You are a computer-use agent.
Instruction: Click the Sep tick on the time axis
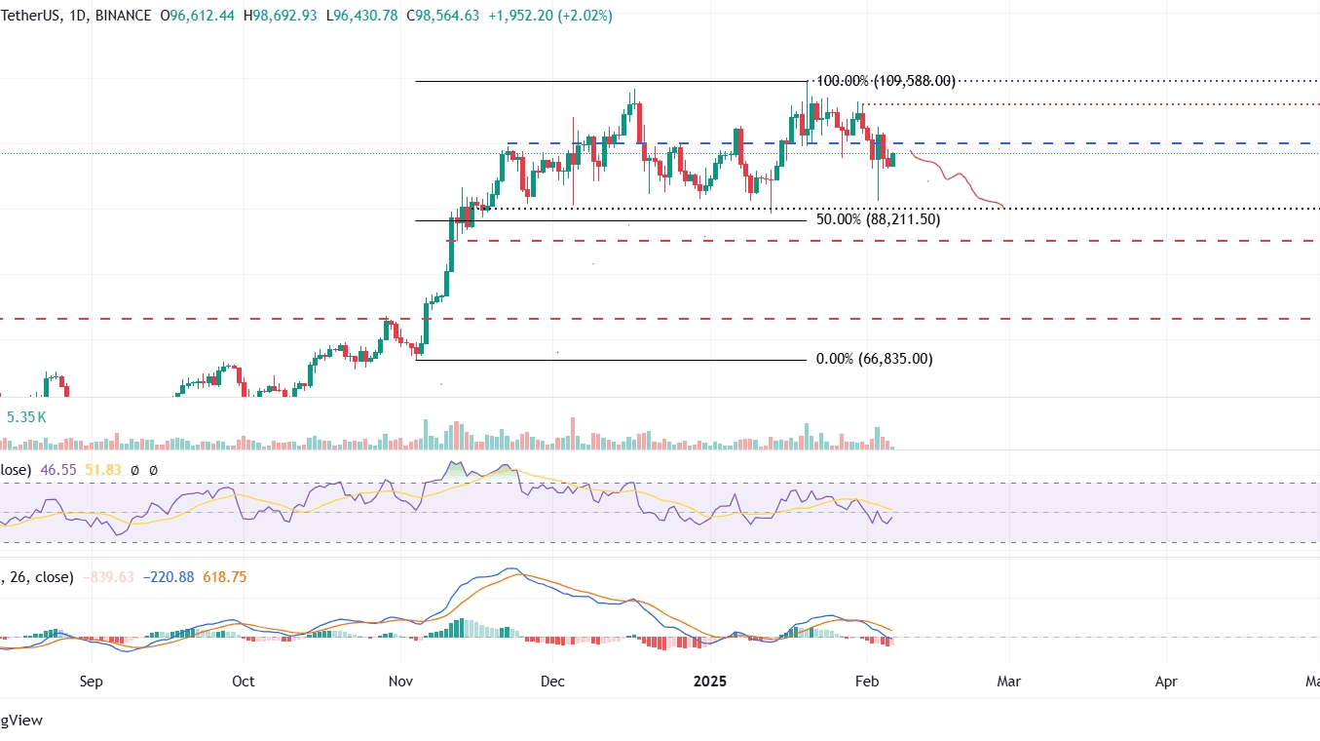click(x=91, y=681)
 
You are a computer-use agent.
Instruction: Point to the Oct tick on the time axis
click(x=244, y=681)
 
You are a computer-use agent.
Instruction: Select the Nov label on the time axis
click(x=399, y=681)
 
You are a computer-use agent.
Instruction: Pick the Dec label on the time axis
click(x=551, y=681)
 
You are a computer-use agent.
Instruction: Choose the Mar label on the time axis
click(x=1009, y=681)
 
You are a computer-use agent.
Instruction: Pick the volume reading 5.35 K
click(x=26, y=417)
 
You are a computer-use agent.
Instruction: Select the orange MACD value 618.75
click(x=224, y=577)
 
